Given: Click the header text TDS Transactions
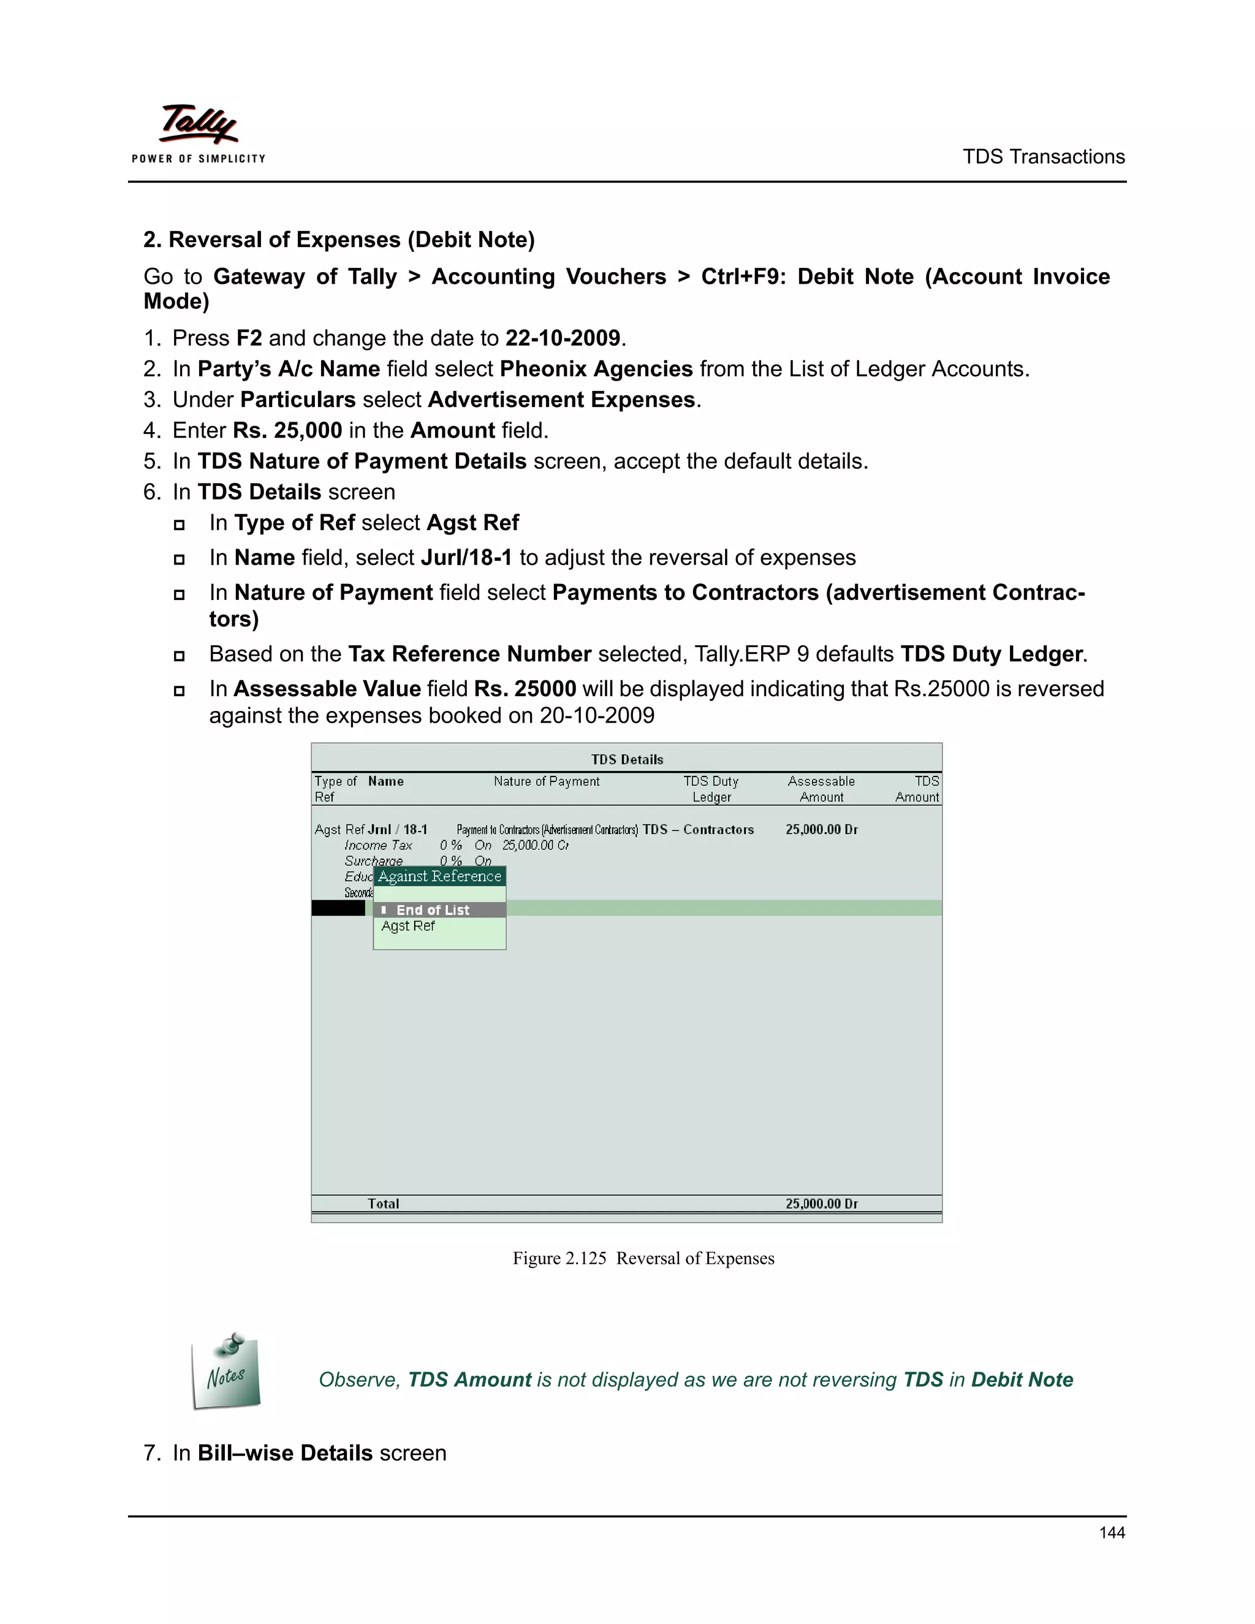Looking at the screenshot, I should coord(1043,157).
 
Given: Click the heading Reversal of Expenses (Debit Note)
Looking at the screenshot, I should coord(339,240).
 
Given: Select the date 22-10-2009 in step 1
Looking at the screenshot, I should coord(563,338).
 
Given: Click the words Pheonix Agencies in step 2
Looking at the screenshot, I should coord(596,369).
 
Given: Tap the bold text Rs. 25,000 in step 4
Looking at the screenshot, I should coord(287,431).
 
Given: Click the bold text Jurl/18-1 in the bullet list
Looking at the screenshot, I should coord(466,558).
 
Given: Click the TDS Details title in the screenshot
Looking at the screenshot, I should coord(627,759).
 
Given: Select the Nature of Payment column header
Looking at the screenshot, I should coord(547,781).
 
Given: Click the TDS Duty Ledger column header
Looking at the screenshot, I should coord(711,789).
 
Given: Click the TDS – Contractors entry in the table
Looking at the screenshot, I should coord(698,830).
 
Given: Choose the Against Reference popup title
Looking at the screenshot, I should coord(439,876).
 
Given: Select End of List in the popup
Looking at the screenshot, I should coord(433,910).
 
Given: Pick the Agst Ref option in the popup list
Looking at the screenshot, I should coord(408,927).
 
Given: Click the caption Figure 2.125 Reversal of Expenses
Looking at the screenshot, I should coord(643,1258).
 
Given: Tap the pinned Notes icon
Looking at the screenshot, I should coord(226,1372).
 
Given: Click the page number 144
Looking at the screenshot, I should coord(1112,1533).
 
